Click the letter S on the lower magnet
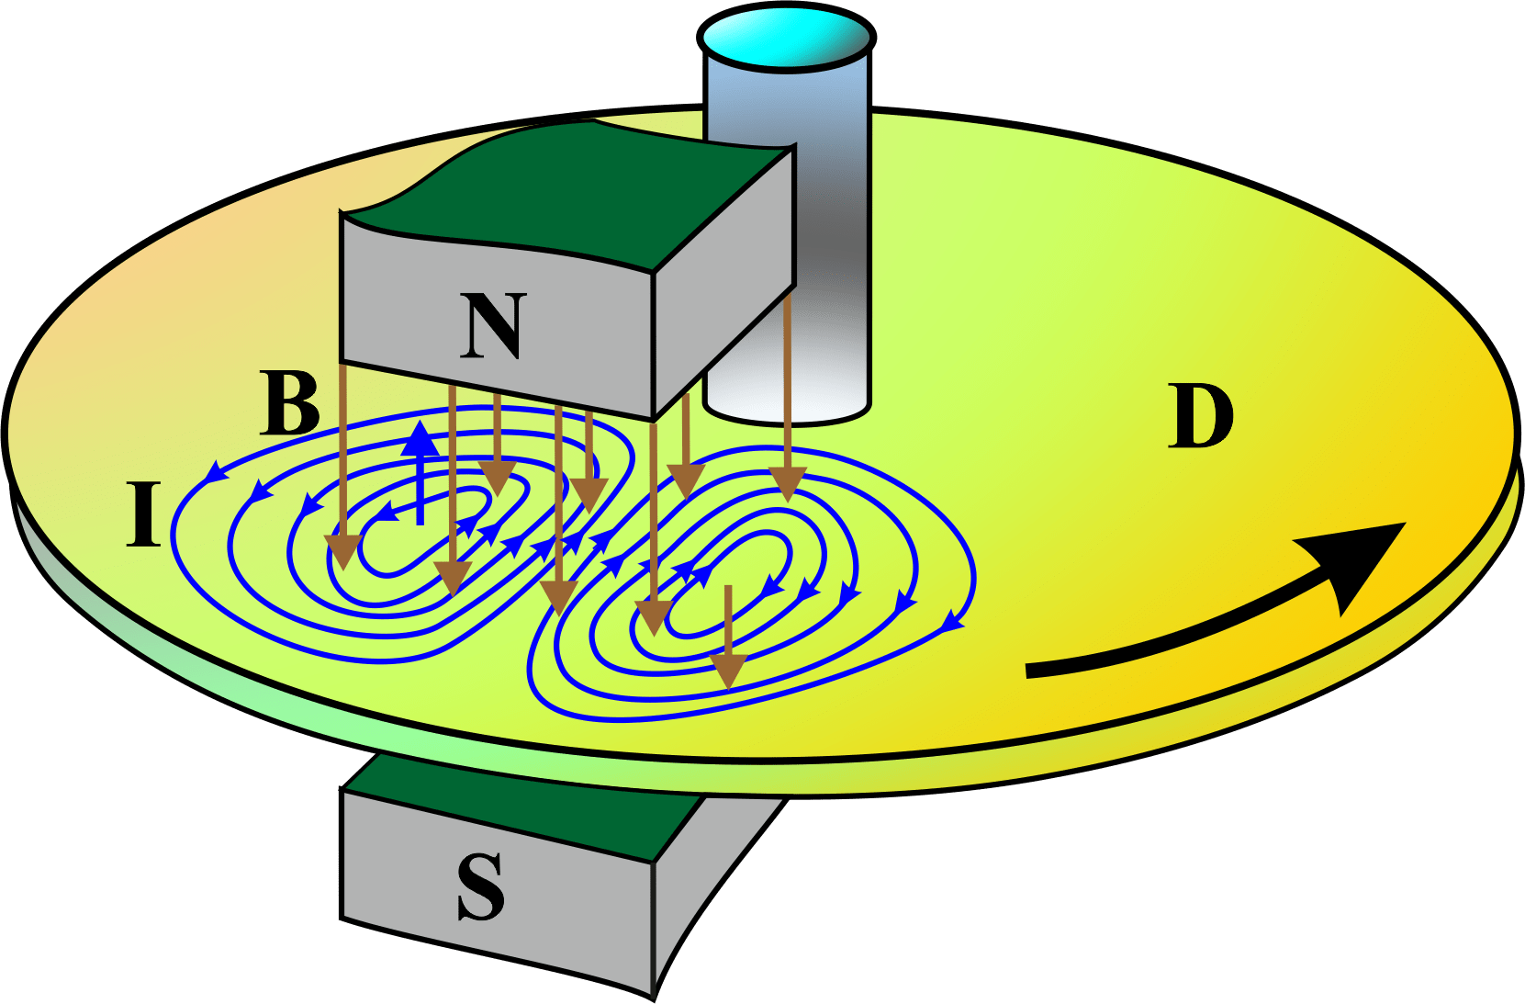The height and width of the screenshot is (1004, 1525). pyautogui.click(x=481, y=887)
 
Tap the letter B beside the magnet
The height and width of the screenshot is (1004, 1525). pyautogui.click(x=290, y=403)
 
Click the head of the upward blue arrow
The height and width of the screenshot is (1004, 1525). pyautogui.click(x=421, y=439)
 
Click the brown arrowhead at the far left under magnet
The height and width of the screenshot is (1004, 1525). pyautogui.click(x=342, y=551)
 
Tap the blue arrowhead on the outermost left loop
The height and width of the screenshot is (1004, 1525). pyautogui.click(x=215, y=472)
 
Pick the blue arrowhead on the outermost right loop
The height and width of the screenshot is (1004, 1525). pyautogui.click(x=952, y=625)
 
